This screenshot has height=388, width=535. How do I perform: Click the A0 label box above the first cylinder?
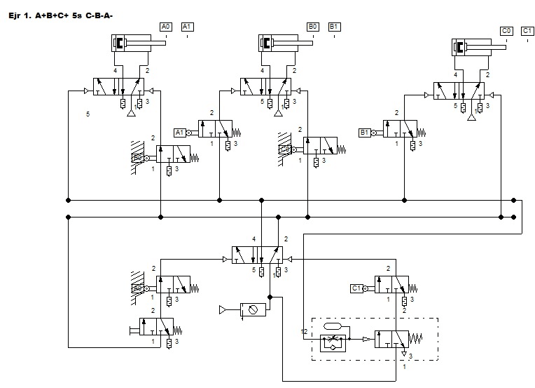point(165,27)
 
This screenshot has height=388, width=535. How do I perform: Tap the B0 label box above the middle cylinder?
point(313,27)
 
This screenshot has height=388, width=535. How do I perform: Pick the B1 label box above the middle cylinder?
point(335,27)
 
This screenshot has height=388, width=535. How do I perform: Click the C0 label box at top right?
point(506,31)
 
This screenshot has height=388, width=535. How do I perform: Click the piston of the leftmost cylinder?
point(121,44)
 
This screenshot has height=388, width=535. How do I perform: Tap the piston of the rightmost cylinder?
point(461,48)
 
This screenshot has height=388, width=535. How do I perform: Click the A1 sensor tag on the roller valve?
point(179,132)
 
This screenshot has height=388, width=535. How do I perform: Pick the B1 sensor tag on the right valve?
point(364,132)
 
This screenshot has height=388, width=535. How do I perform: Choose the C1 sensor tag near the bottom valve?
point(356,288)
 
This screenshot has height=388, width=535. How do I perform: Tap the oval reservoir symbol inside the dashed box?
point(333,327)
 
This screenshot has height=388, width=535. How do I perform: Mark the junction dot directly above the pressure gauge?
point(269,297)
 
